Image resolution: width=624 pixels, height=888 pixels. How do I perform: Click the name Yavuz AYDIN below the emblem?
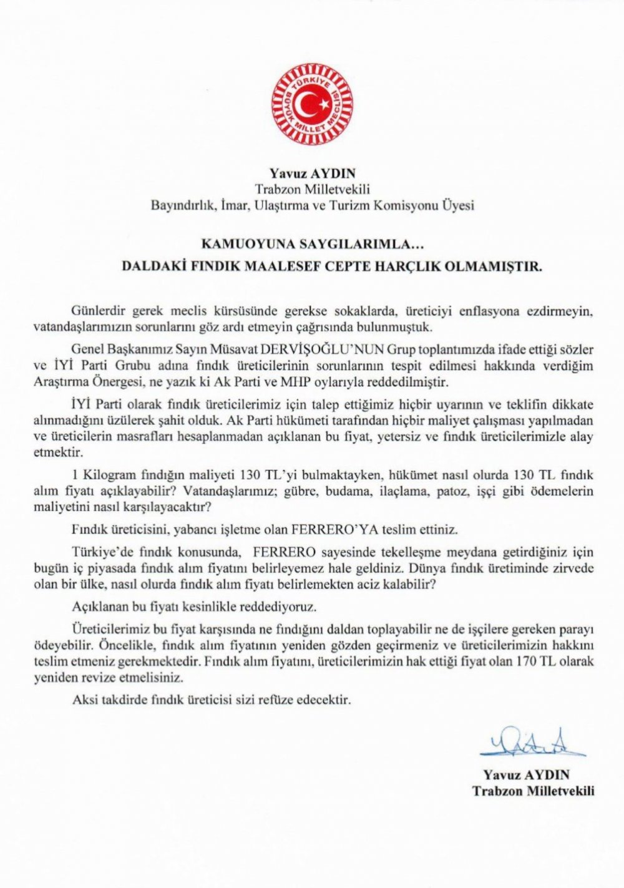coord(311,172)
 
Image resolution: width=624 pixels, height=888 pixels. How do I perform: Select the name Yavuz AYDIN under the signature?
coord(526,775)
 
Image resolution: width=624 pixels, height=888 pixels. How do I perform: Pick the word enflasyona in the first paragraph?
coord(497,311)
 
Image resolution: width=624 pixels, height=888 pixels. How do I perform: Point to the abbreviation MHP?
coord(321,381)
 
